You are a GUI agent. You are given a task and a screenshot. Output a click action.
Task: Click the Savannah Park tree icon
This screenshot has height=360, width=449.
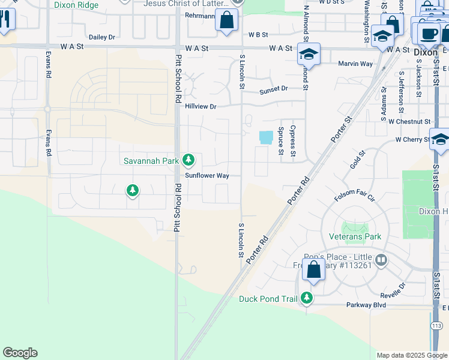pyautogui.click(x=188, y=160)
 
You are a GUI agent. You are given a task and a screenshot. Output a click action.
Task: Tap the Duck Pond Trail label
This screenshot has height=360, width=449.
pyautogui.click(x=269, y=298)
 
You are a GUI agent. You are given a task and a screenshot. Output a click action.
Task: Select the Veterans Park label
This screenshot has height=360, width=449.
pyautogui.click(x=355, y=236)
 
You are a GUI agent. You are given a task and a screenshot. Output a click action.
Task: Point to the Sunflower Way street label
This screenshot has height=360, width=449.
pyautogui.click(x=207, y=176)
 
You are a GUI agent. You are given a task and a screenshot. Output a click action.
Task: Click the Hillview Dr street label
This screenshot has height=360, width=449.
pyautogui.click(x=200, y=106)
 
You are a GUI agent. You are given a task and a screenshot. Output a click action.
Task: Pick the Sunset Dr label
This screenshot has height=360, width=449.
pyautogui.click(x=274, y=89)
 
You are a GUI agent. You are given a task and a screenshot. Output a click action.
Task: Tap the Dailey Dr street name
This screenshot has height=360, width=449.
pyautogui.click(x=102, y=37)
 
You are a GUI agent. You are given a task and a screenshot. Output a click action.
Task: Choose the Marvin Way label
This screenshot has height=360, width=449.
pyautogui.click(x=355, y=64)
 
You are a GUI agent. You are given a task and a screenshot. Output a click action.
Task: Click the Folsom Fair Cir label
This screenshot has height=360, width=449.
pyautogui.click(x=354, y=197)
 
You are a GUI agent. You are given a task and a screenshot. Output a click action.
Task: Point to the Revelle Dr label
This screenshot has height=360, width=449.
pyautogui.click(x=394, y=294)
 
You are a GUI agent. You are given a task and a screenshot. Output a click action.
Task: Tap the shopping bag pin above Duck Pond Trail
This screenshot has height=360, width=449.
pyautogui.click(x=313, y=269)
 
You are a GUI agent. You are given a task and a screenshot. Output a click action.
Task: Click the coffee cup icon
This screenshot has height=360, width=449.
pyautogui.click(x=429, y=34)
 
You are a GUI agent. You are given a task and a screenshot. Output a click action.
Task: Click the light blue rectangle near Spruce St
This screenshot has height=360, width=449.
pyautogui.click(x=265, y=137)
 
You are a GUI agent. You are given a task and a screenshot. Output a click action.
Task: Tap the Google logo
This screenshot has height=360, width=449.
pyautogui.click(x=20, y=353)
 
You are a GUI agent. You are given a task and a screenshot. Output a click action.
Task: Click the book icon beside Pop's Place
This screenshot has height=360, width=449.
pyautogui.click(x=382, y=260)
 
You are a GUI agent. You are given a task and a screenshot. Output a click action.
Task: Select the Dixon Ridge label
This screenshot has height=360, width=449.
pyautogui.click(x=76, y=5)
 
